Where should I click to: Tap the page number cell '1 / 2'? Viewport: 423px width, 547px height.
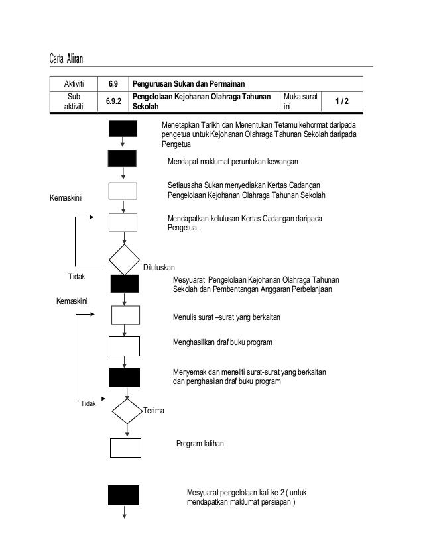(x=342, y=101)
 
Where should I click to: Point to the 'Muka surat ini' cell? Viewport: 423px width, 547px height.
(x=300, y=101)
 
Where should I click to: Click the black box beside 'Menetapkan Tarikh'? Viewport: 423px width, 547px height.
(x=123, y=128)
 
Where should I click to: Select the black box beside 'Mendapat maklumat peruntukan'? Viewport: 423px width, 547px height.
(x=123, y=158)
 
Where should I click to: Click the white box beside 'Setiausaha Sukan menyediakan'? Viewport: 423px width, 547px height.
(x=123, y=191)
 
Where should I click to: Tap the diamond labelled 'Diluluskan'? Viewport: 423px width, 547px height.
(x=124, y=260)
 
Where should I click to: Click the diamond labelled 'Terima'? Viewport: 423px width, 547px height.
(x=127, y=411)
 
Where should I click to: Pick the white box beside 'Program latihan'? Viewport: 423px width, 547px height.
(x=126, y=448)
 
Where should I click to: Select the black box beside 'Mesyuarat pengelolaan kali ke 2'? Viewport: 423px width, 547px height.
(x=124, y=495)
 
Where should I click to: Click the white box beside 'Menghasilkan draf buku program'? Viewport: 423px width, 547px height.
(x=124, y=346)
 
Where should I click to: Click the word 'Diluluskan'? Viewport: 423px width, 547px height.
(x=159, y=268)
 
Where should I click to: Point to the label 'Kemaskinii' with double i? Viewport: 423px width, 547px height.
(x=68, y=197)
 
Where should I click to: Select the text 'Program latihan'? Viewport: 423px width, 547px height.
(x=200, y=444)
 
